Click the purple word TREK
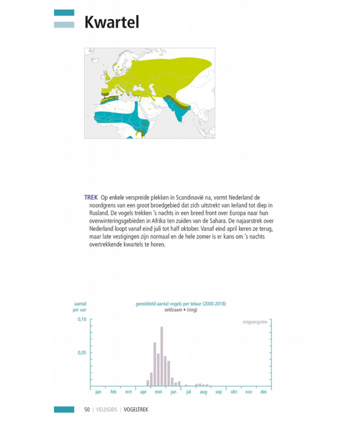pos(91,198)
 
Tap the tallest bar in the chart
pos(162,356)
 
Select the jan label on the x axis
pos(98,392)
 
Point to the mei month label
pos(158,392)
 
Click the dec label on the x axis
pos(264,392)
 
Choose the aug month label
pos(203,392)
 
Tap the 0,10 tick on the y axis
pos(82,319)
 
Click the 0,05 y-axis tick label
pos(82,353)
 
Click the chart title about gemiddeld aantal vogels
pos(181,304)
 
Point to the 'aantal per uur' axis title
pos(80,307)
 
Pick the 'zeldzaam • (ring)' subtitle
pos(181,310)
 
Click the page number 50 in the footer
pos(87,409)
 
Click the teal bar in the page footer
pos(64,409)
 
